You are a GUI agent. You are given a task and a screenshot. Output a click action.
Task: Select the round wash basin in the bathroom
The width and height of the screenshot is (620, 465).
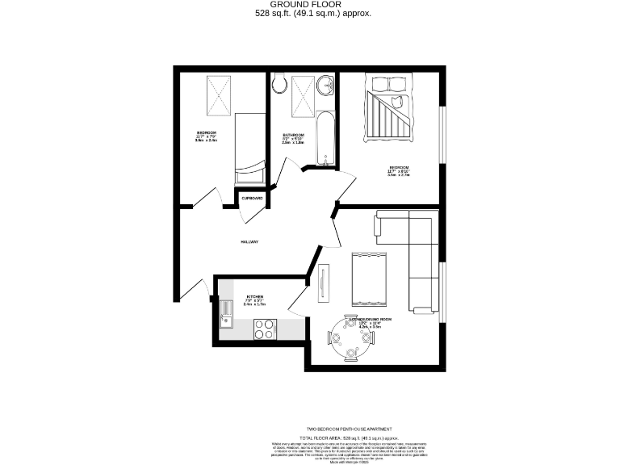click(x=325, y=84)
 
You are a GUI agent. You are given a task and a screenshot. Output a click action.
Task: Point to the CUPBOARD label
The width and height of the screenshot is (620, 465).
click(x=252, y=198)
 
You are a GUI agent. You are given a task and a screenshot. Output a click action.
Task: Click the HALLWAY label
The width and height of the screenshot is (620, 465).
click(x=248, y=241)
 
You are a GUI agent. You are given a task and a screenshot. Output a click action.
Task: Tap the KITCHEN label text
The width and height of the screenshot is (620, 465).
click(x=255, y=297)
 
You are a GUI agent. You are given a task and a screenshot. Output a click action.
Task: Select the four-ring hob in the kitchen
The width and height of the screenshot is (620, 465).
click(x=265, y=328)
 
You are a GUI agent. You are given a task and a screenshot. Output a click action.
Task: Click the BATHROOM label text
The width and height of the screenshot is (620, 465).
click(x=293, y=135)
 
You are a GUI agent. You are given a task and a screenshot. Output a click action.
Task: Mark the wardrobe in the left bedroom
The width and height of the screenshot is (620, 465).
click(x=219, y=94)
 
